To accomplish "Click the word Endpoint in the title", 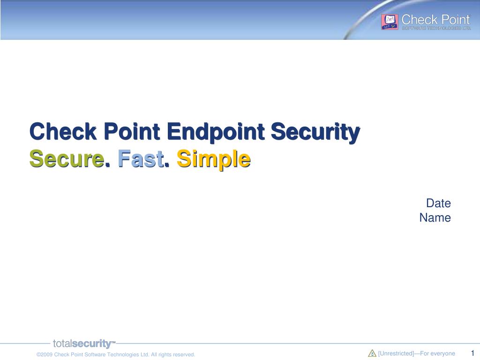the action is point(216,132).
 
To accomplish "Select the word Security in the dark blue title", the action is point(315,132).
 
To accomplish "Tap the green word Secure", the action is point(67,159).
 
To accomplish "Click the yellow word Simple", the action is point(214,159).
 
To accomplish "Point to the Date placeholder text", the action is point(438,203).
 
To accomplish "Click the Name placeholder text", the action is point(435,217).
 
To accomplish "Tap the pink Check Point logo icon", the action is point(390,22).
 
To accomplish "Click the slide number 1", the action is point(472,353).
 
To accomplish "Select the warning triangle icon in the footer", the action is point(372,353).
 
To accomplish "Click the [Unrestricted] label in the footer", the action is point(396,353).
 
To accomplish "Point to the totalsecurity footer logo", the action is point(84,344).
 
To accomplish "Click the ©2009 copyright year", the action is point(45,354).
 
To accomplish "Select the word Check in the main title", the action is point(63,131).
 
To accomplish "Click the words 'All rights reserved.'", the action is point(173,354).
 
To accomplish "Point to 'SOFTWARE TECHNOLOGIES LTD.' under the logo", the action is point(436,28).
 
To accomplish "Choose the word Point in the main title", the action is point(132,131).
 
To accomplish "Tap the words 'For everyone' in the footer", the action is point(437,353).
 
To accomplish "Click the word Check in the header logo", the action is point(420,20).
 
